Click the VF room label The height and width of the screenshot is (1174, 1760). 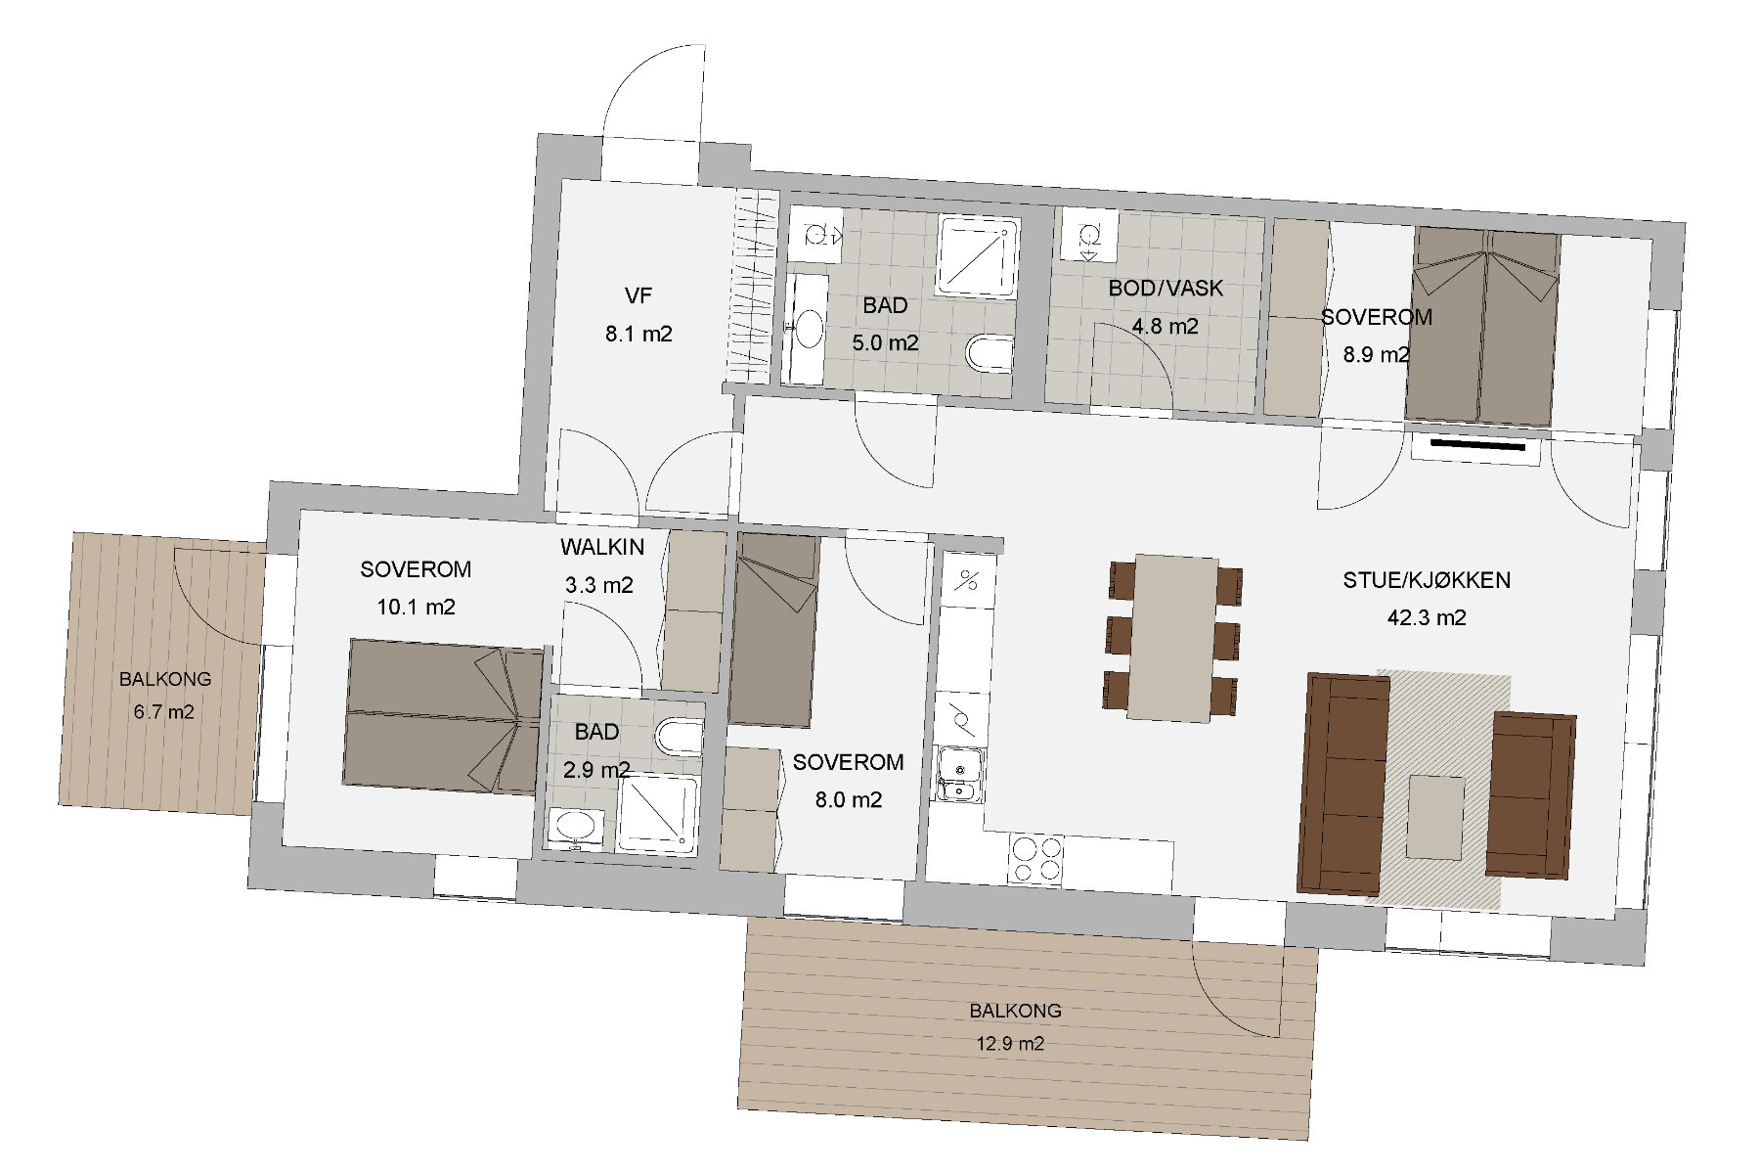tap(638, 295)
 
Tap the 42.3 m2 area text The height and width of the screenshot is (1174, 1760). tap(1427, 617)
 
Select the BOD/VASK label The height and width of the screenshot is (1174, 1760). tap(1166, 289)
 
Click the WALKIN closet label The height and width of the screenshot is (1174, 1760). tap(602, 547)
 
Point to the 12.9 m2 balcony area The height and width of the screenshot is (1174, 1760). tap(1010, 1043)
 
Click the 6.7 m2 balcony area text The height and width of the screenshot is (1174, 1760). tap(164, 712)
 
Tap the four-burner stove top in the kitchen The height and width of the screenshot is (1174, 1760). tap(1036, 861)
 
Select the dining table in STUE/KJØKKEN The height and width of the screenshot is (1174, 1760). tap(1172, 638)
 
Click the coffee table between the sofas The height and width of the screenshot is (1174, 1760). tap(1435, 817)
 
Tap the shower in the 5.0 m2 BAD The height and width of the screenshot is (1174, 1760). tap(978, 256)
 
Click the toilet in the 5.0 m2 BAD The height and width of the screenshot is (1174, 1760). tap(988, 354)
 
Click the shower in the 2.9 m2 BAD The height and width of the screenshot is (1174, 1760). tap(657, 813)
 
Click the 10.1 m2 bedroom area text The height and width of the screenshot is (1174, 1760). tap(417, 607)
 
